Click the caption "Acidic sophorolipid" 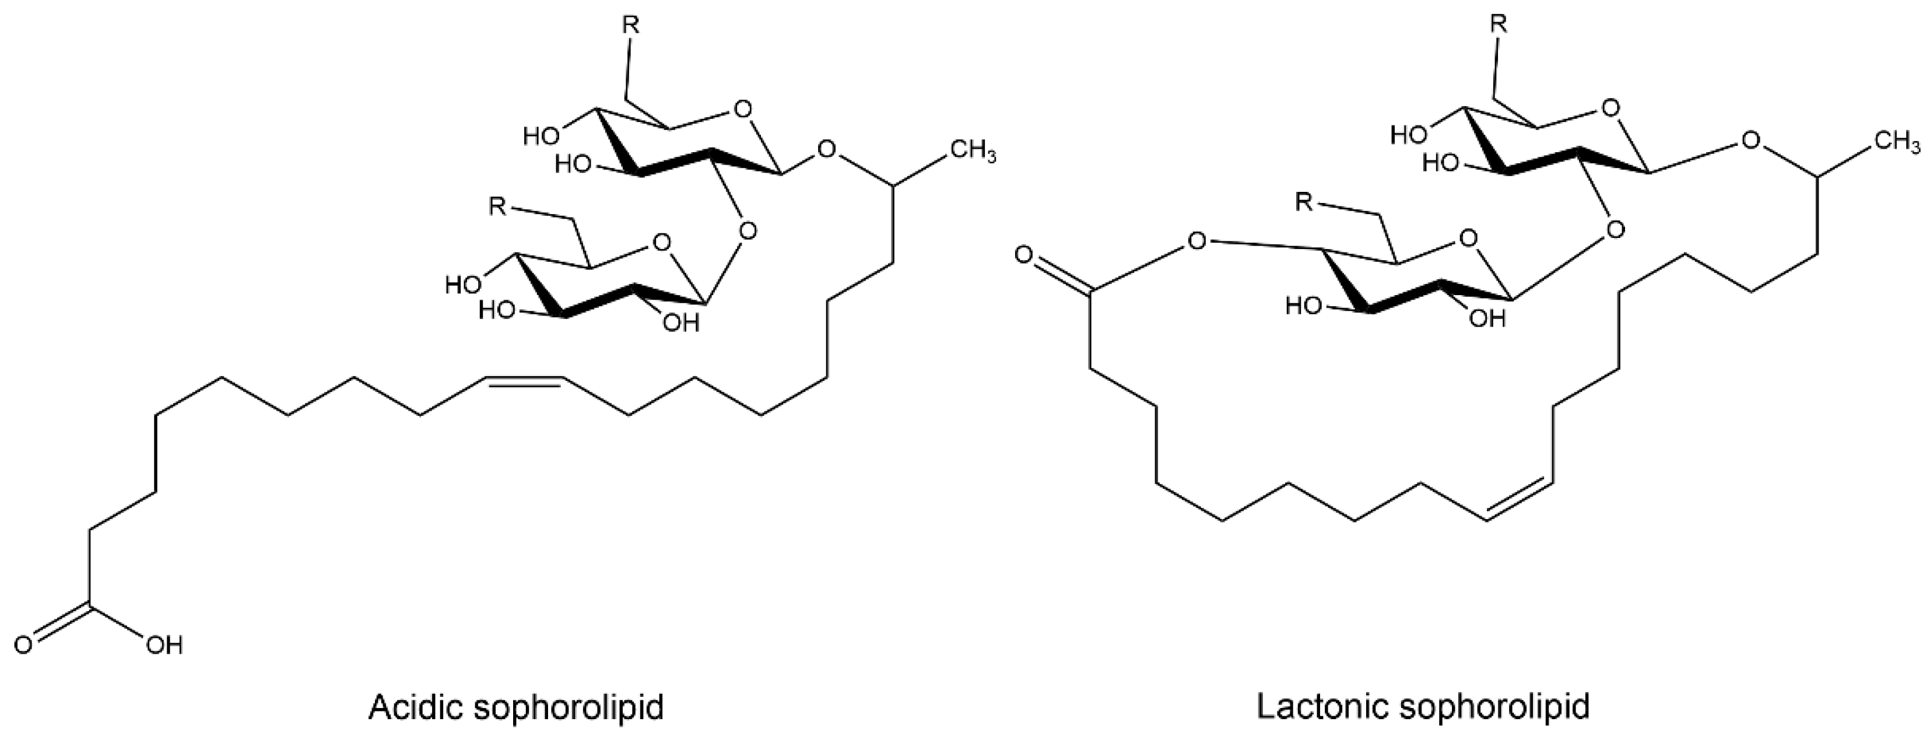(x=515, y=707)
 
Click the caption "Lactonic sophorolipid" (x=1422, y=707)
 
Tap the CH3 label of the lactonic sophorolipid (x=1896, y=142)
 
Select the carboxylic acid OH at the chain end (x=164, y=645)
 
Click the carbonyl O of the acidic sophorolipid (x=23, y=645)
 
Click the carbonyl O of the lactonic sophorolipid (x=1024, y=255)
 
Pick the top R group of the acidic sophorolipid (x=631, y=26)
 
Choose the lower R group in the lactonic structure (x=1304, y=202)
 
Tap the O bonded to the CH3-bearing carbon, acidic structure (x=826, y=150)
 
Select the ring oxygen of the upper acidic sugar (x=742, y=111)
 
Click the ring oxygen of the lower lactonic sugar (x=1469, y=239)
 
